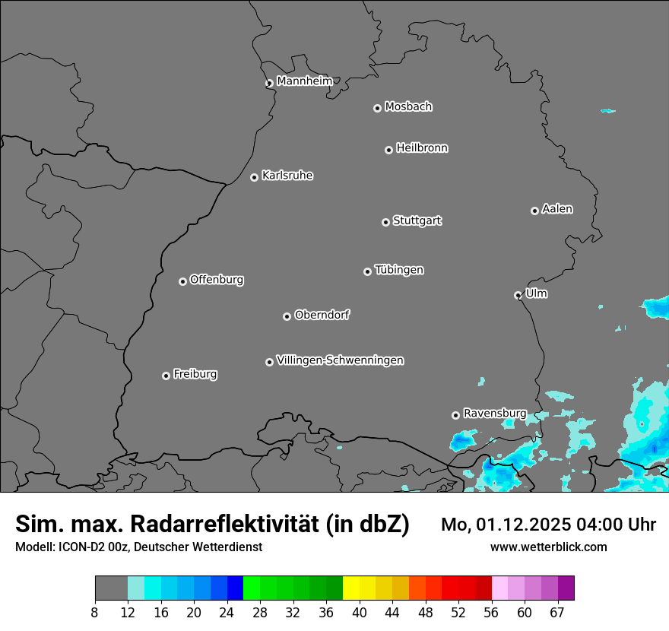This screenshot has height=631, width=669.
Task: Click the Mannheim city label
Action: [x=304, y=81]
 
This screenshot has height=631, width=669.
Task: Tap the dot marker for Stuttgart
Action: [x=385, y=222]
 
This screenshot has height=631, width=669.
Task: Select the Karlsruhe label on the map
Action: [x=287, y=176]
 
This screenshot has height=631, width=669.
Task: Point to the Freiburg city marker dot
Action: [x=166, y=376]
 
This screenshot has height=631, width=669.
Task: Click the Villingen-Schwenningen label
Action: [x=340, y=360]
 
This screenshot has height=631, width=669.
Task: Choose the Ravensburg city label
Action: [x=494, y=413]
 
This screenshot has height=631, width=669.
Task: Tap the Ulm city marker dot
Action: [x=518, y=295]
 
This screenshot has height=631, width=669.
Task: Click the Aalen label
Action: [x=557, y=209]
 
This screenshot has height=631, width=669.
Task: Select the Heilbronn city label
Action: [x=422, y=148]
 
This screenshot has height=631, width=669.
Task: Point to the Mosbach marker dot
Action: [x=377, y=108]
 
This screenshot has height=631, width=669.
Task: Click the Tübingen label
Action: [x=399, y=270]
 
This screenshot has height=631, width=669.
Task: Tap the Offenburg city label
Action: [x=217, y=280]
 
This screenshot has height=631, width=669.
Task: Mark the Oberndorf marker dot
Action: [x=287, y=316]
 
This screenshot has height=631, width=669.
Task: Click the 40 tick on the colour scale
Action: [x=360, y=613]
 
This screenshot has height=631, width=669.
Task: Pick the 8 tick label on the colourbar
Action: [x=95, y=613]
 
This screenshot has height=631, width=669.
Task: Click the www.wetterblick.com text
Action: [x=548, y=547]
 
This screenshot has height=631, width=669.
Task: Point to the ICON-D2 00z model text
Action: [x=90, y=547]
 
